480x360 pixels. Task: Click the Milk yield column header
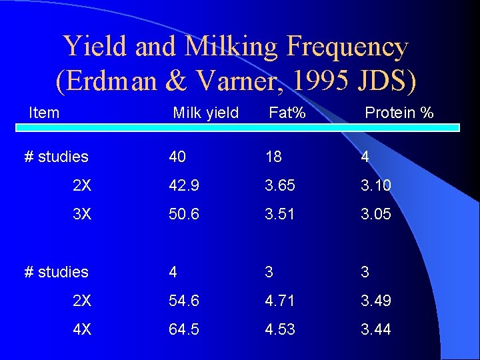[x=205, y=113]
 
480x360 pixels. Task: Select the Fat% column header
[x=287, y=113]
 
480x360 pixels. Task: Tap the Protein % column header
[x=399, y=113]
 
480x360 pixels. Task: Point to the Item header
[x=44, y=113]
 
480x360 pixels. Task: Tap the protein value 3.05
[x=376, y=215]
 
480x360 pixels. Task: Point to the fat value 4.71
[x=280, y=301]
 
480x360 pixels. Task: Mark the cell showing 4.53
[x=280, y=329]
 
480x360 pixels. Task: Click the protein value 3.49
[x=376, y=301]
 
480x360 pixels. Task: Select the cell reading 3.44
[x=376, y=329]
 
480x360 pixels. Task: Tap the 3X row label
[x=82, y=215]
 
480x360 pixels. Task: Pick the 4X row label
[x=82, y=329]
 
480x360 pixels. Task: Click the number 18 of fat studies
[x=273, y=157]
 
